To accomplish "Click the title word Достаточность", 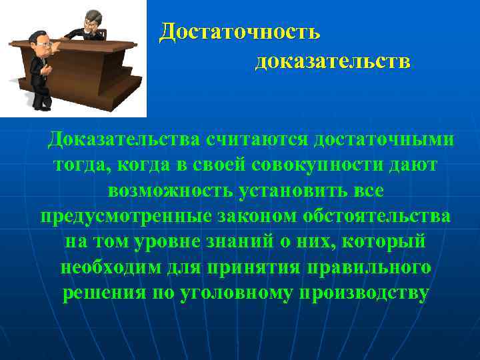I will point(240,31).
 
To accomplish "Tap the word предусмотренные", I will point(121,217).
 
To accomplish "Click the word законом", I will point(250,217).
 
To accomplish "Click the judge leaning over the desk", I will point(91,25).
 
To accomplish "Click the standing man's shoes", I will point(40,106).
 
